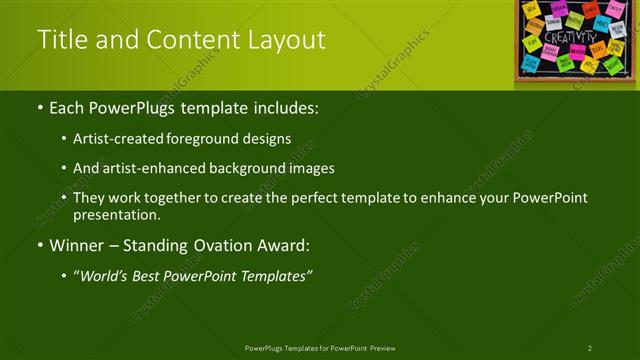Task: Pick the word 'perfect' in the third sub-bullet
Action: click(x=314, y=198)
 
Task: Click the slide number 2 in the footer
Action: click(x=590, y=348)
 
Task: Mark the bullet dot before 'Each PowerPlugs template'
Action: click(x=39, y=107)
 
